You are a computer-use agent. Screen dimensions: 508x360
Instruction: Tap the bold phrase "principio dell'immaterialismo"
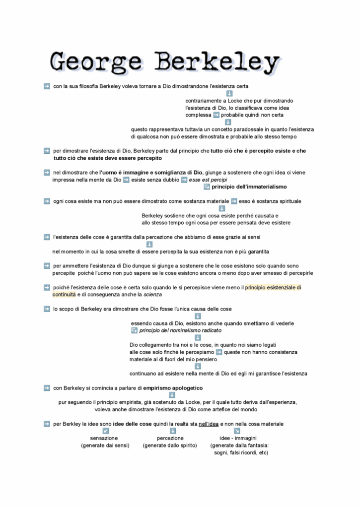249,187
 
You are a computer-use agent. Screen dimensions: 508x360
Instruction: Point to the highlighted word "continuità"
64,295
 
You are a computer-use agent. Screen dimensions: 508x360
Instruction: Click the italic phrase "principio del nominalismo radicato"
180,330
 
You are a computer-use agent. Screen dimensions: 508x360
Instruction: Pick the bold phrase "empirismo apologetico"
170,388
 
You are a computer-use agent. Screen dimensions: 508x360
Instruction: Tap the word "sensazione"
104,439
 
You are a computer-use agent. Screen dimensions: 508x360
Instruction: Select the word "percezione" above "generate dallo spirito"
170,439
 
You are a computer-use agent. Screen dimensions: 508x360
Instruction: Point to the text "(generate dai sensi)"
105,445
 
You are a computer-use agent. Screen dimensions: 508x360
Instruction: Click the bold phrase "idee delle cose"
133,424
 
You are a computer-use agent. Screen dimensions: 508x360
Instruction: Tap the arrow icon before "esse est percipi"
184,180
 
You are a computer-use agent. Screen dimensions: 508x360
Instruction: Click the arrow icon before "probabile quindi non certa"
216,115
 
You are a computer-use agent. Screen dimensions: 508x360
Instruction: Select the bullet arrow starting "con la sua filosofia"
47,86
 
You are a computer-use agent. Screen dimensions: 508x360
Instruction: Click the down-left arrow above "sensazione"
105,431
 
